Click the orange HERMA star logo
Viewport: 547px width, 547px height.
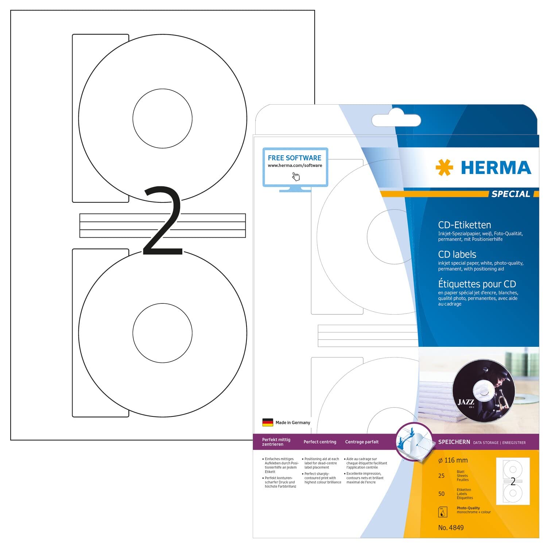[444, 168]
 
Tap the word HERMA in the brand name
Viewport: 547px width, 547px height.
[496, 168]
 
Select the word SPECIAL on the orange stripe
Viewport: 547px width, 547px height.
[511, 194]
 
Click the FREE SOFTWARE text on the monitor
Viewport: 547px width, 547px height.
[295, 158]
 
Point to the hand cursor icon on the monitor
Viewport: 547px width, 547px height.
[296, 177]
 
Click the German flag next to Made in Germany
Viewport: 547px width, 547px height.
[268, 423]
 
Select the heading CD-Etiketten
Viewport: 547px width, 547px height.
[464, 225]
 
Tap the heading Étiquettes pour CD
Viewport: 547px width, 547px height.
[477, 284]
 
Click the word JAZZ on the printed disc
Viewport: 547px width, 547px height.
[466, 402]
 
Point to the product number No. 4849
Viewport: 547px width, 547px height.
[451, 528]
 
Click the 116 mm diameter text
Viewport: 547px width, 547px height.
[453, 461]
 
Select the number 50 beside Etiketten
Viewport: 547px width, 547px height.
[441, 494]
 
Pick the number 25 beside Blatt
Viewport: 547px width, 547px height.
[441, 476]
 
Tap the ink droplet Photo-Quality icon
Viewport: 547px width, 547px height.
[442, 512]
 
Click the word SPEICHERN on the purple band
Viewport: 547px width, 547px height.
[454, 442]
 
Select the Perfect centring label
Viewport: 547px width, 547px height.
[320, 442]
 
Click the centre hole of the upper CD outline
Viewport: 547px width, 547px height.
[162, 119]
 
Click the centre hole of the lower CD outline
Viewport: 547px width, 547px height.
[162, 333]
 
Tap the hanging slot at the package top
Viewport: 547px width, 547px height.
[396, 120]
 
